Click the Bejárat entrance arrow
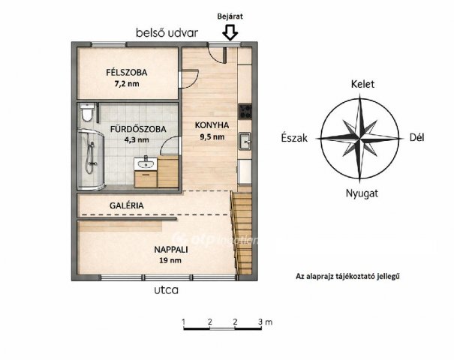coord(230,31)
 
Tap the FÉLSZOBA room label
coord(127,72)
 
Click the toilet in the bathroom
coord(87,112)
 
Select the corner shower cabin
coord(90,160)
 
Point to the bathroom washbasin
coord(146,163)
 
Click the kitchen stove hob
coord(245,112)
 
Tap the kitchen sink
coord(245,141)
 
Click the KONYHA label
coord(212,125)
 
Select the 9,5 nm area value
coord(212,136)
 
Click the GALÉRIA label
coord(127,205)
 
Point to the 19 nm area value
coord(170,260)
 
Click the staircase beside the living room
coord(242,232)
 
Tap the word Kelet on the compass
coord(362,84)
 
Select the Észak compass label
coord(294,138)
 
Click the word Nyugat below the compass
coord(362,193)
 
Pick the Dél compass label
coord(417,138)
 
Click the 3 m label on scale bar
coord(265,322)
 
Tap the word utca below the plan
coord(166,290)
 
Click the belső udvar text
coord(167,33)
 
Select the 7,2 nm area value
coord(127,84)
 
